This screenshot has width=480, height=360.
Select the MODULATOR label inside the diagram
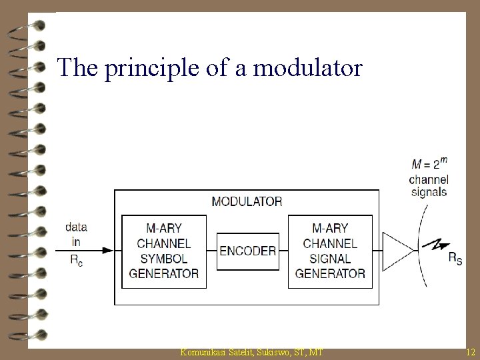coord(246,201)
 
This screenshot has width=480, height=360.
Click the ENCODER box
coord(247,251)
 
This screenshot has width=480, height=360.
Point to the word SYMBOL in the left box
coord(163,258)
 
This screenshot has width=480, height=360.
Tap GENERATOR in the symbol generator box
coord(163,273)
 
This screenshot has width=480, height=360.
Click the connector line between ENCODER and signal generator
coord(283,251)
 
